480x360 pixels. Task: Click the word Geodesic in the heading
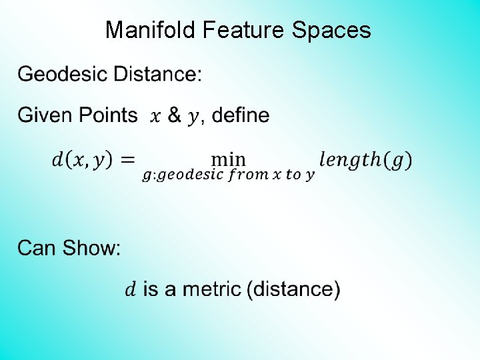(x=63, y=74)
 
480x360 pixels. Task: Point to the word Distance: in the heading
(x=157, y=74)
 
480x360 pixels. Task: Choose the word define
(x=240, y=115)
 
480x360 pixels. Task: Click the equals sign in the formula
(x=128, y=160)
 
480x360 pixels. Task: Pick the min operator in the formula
(x=228, y=159)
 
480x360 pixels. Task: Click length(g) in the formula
(x=365, y=160)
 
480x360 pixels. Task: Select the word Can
(x=37, y=248)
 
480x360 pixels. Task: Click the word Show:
(x=91, y=248)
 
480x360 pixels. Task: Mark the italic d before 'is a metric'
(x=131, y=289)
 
